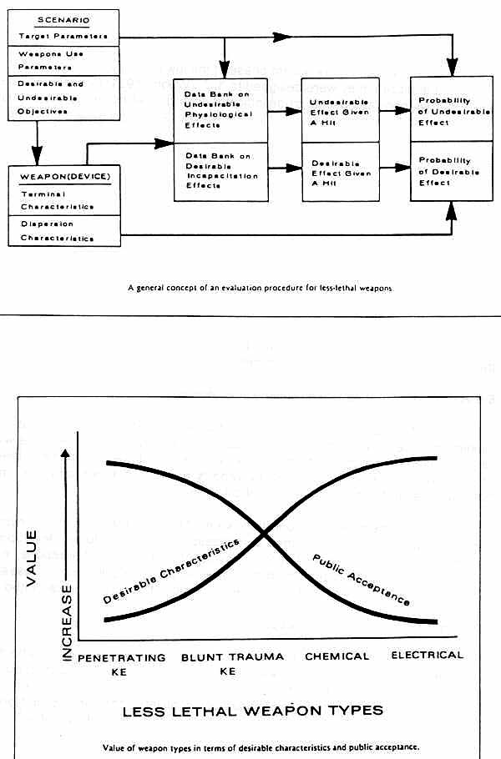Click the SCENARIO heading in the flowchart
(63, 20)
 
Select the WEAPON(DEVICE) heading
(65, 177)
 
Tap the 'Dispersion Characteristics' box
(64, 231)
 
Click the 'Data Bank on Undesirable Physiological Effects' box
(220, 110)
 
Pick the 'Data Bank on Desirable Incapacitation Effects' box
(221, 172)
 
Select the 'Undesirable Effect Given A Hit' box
(340, 110)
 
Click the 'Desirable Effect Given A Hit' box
(341, 172)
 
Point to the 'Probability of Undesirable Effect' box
(452, 109)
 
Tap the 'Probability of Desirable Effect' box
(452, 171)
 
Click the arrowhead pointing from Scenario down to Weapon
(37, 158)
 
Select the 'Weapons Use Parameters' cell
(64, 61)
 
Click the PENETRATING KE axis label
(121, 665)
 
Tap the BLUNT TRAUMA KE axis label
(232, 664)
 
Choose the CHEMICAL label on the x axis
(337, 656)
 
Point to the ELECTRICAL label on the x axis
(428, 655)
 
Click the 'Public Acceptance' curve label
(362, 580)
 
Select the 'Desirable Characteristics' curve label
(171, 571)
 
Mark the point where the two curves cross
(264, 534)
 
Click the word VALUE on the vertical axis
(31, 558)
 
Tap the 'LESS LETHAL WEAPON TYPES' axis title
(253, 711)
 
